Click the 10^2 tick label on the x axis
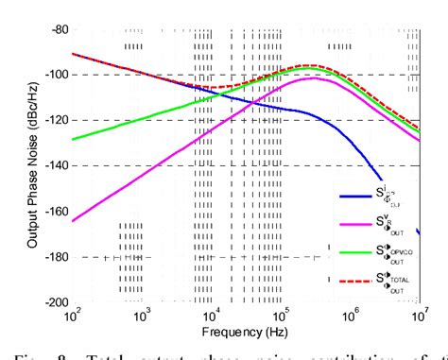[x=73, y=315]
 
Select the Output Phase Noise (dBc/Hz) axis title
[x=21, y=165]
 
